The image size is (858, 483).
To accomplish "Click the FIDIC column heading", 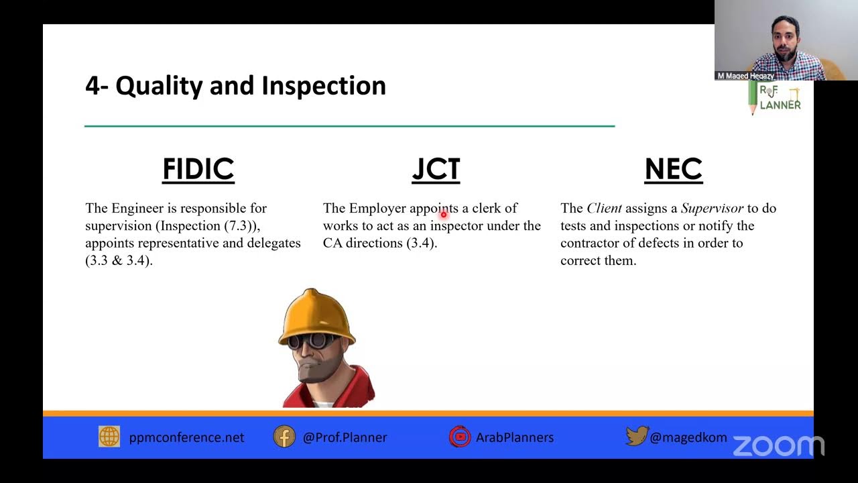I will point(198,169).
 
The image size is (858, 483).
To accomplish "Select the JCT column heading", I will point(436,169).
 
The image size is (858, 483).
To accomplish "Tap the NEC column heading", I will point(673,169).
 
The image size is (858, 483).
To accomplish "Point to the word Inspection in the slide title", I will point(323,86).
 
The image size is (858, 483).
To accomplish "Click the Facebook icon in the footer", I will point(284,437).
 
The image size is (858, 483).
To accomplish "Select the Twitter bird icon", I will point(636,437).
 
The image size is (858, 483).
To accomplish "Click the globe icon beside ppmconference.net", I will point(109,437).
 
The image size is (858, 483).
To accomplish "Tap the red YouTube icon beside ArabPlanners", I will point(460,437).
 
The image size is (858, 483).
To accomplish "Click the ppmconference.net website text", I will point(186,437).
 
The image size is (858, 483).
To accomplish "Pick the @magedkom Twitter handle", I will point(688,437).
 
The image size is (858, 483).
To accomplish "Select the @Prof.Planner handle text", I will point(345,437).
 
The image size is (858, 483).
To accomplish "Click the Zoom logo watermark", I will point(778,445).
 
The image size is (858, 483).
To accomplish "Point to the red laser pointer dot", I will point(443,215).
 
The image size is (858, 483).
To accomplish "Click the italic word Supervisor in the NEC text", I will point(712,208).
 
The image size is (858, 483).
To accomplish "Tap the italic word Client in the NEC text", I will point(604,208).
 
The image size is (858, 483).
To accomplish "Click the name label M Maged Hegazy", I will point(745,76).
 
